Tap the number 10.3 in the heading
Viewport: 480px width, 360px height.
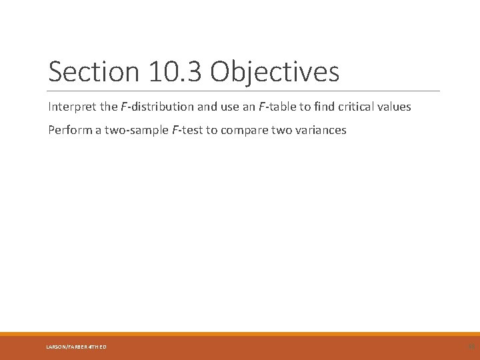point(165,72)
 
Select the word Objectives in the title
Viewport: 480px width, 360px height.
point(274,72)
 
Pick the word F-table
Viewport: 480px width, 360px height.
point(276,106)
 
